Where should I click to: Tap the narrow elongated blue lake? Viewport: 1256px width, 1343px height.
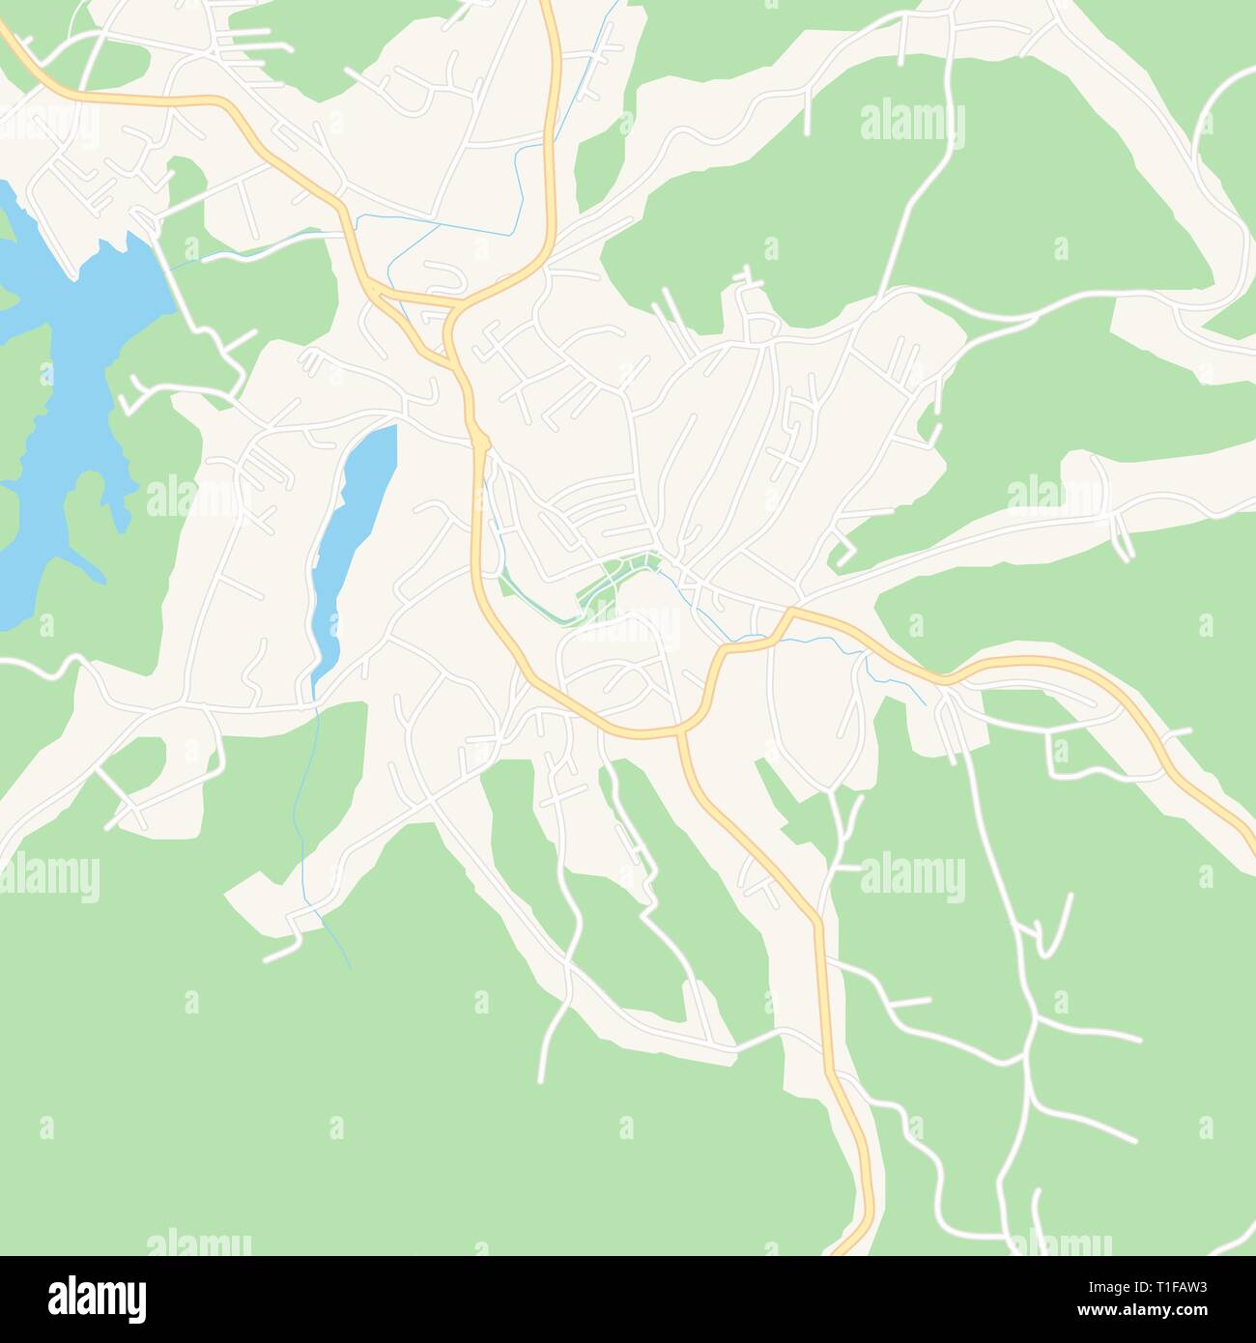353,541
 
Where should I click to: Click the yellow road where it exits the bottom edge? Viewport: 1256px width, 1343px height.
842,1250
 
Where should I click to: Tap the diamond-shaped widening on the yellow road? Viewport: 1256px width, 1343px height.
481,443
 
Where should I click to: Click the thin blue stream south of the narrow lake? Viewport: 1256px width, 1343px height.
307,792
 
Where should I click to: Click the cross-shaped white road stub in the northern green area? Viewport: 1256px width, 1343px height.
746,281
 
